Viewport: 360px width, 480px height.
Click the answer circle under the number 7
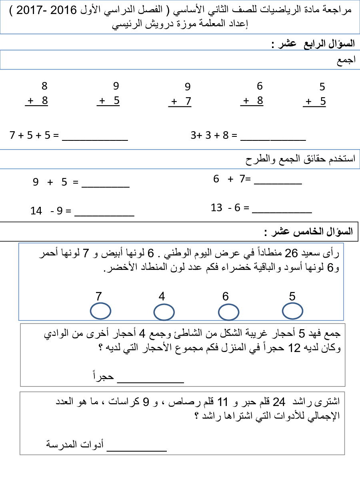[100, 311]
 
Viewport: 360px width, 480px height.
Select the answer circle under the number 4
[164, 312]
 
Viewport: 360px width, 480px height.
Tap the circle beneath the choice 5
[292, 311]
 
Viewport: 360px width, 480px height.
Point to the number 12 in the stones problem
[294, 348]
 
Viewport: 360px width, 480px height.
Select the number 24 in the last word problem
[278, 401]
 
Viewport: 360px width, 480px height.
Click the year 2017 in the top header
[26, 10]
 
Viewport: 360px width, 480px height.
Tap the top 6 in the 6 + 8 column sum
[260, 86]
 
